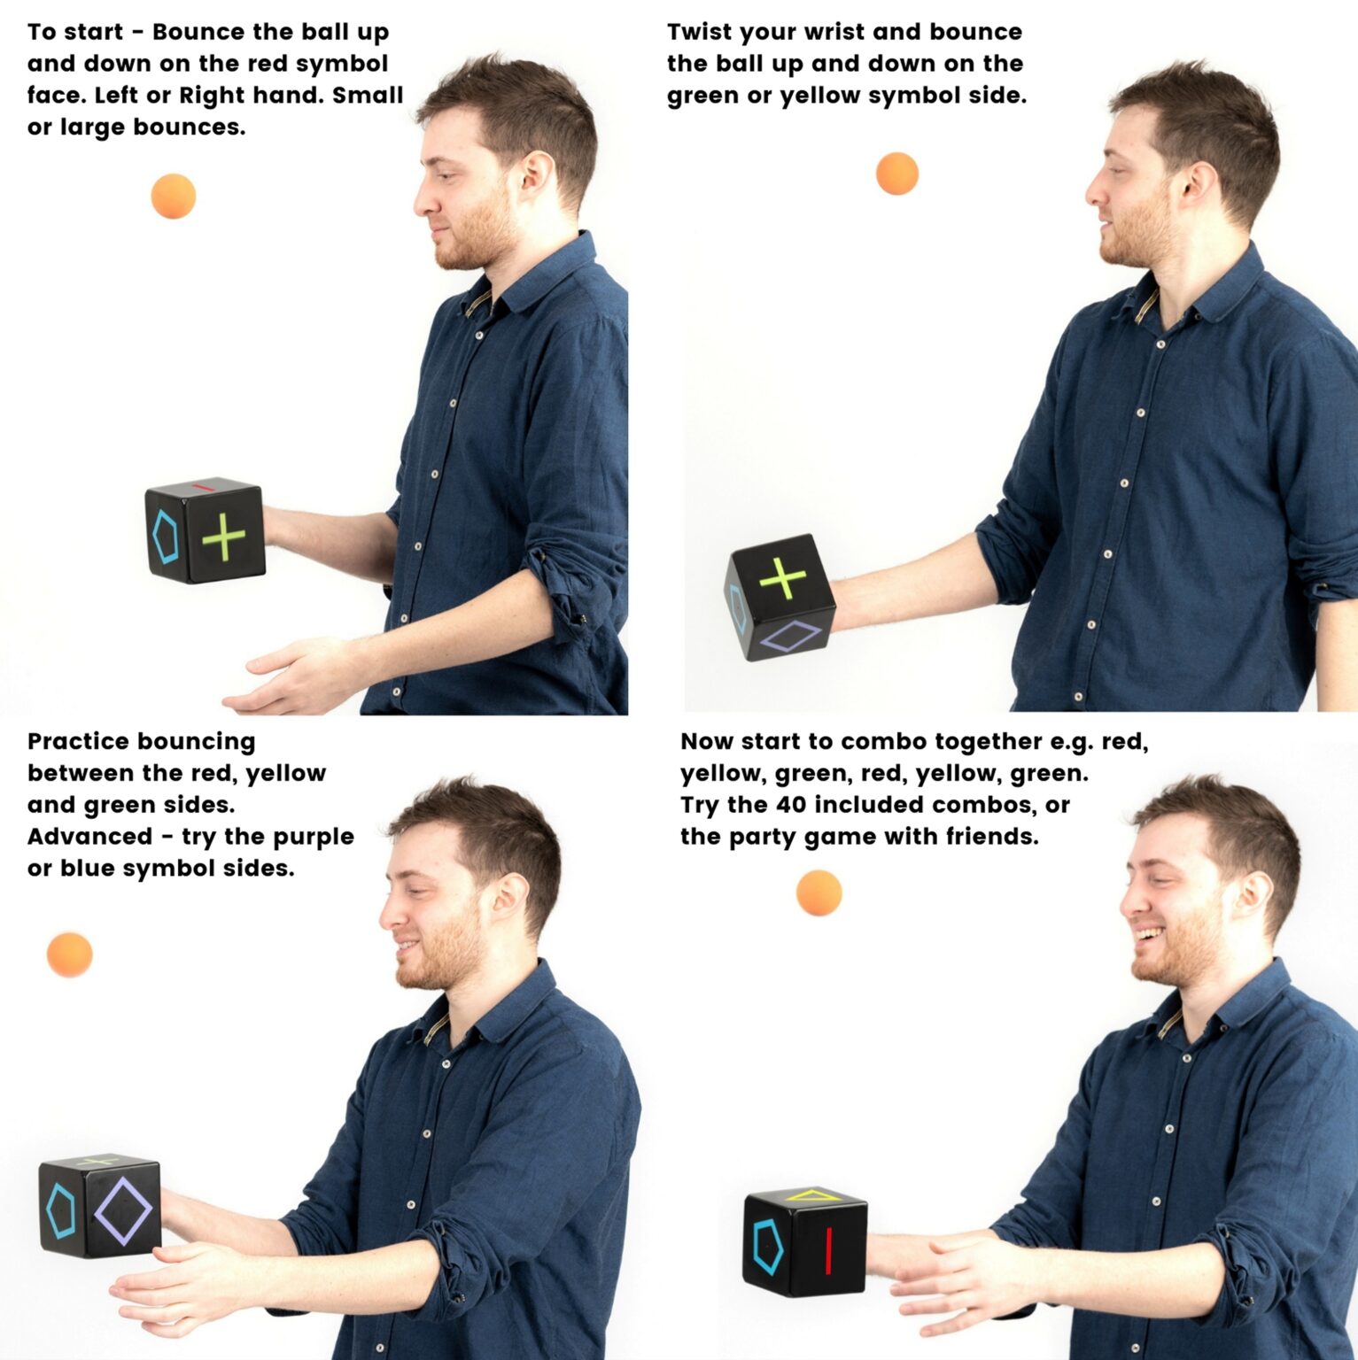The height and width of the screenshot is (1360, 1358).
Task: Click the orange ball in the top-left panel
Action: (x=173, y=197)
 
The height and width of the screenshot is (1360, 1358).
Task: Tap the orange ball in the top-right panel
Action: (x=896, y=174)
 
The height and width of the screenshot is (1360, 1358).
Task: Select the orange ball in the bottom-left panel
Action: (x=70, y=954)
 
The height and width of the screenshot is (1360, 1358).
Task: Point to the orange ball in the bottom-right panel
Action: (x=819, y=892)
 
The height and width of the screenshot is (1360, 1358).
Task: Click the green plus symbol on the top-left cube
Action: (x=223, y=536)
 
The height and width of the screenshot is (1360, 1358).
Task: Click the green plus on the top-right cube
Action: (x=783, y=578)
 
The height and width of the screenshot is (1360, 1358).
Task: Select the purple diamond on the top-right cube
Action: (x=791, y=637)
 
